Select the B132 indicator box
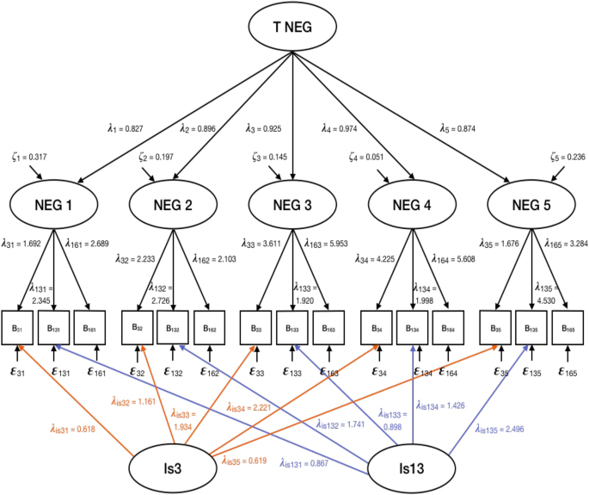[x=175, y=327]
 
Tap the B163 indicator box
[x=328, y=327]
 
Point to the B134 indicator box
[x=414, y=327]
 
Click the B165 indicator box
[x=567, y=327]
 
